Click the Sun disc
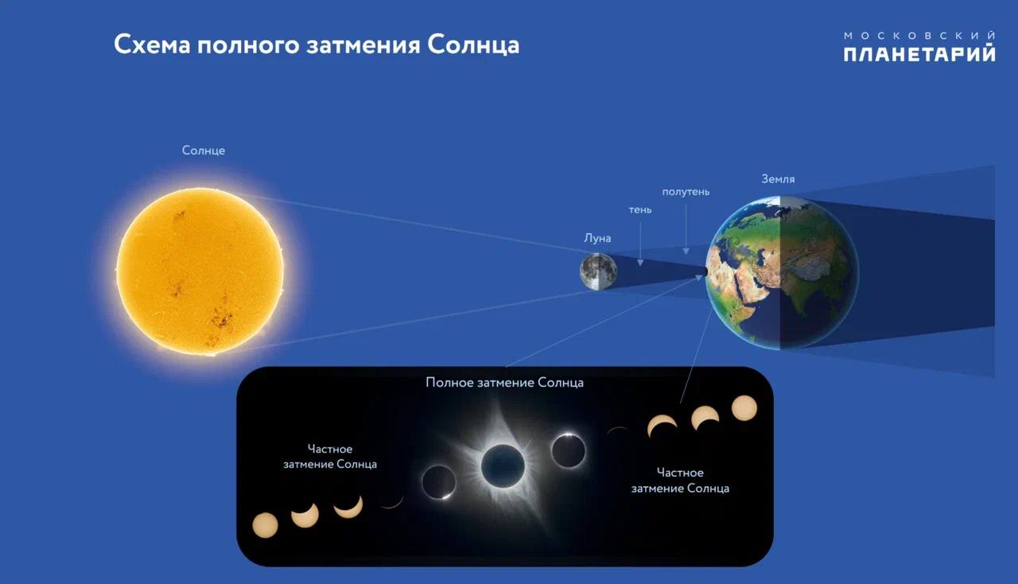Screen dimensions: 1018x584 [200, 271]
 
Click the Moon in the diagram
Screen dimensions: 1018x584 [598, 271]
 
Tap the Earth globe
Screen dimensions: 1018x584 [782, 273]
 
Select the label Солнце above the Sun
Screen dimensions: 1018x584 [203, 150]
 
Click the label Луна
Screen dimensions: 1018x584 [597, 238]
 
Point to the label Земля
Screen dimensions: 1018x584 [778, 179]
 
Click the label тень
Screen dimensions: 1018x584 [640, 210]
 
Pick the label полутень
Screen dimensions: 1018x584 [686, 192]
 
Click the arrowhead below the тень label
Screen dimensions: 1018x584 [640, 263]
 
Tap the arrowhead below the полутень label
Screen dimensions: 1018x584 [686, 251]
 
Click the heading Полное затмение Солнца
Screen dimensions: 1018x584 [504, 383]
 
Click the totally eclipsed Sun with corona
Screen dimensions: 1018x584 [503, 466]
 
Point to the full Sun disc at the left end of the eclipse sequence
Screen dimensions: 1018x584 [265, 525]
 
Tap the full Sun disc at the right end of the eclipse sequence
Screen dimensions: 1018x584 [744, 408]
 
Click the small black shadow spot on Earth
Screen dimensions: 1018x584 [705, 271]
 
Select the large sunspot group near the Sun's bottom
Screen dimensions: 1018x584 [220, 317]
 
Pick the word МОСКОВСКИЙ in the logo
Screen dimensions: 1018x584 [919, 36]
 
